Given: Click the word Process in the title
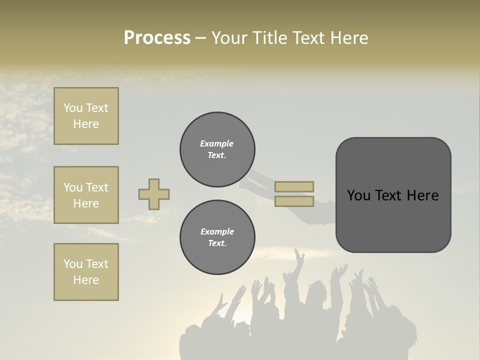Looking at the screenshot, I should click(x=157, y=38).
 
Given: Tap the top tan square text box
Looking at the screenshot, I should click(x=86, y=116).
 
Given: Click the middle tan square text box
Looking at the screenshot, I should click(x=86, y=195).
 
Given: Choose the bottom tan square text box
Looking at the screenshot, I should click(x=86, y=272).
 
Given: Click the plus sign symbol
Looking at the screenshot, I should click(x=154, y=194).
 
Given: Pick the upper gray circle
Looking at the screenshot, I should click(x=217, y=149).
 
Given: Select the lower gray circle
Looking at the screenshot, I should click(x=217, y=237).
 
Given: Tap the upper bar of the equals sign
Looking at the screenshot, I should click(x=294, y=186).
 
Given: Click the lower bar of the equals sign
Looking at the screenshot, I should click(x=294, y=201).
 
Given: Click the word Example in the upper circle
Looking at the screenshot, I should click(x=217, y=143).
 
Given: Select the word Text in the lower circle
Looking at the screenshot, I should click(x=216, y=243).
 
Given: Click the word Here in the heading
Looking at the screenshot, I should click(x=349, y=38).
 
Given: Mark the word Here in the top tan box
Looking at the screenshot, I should click(x=86, y=124).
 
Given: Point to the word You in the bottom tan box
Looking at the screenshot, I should click(x=73, y=264).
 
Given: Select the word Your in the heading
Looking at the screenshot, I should click(x=230, y=38).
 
